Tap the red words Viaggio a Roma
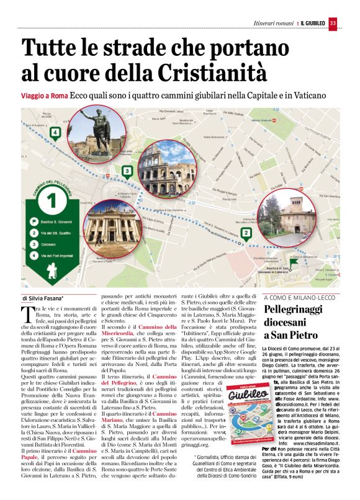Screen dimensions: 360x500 coord(45,96)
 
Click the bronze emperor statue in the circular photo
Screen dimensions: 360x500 coord(92,133)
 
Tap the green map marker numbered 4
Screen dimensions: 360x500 coord(55,132)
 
